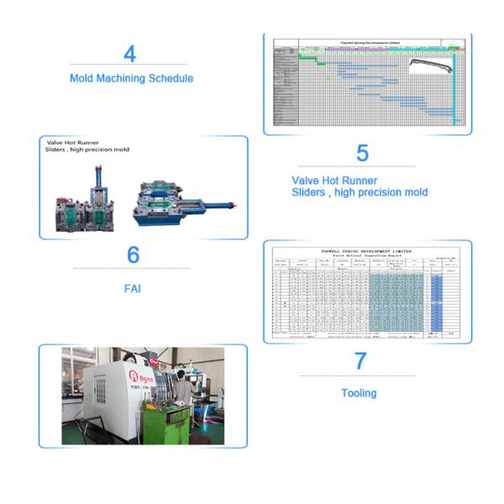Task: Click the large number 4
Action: pyautogui.click(x=129, y=54)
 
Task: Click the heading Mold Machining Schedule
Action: pyautogui.click(x=131, y=78)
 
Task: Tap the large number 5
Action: pyautogui.click(x=362, y=153)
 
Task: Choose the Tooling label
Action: pyautogui.click(x=359, y=393)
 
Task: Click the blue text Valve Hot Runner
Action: pyautogui.click(x=334, y=180)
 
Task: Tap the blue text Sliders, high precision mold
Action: pyautogui.click(x=360, y=192)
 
